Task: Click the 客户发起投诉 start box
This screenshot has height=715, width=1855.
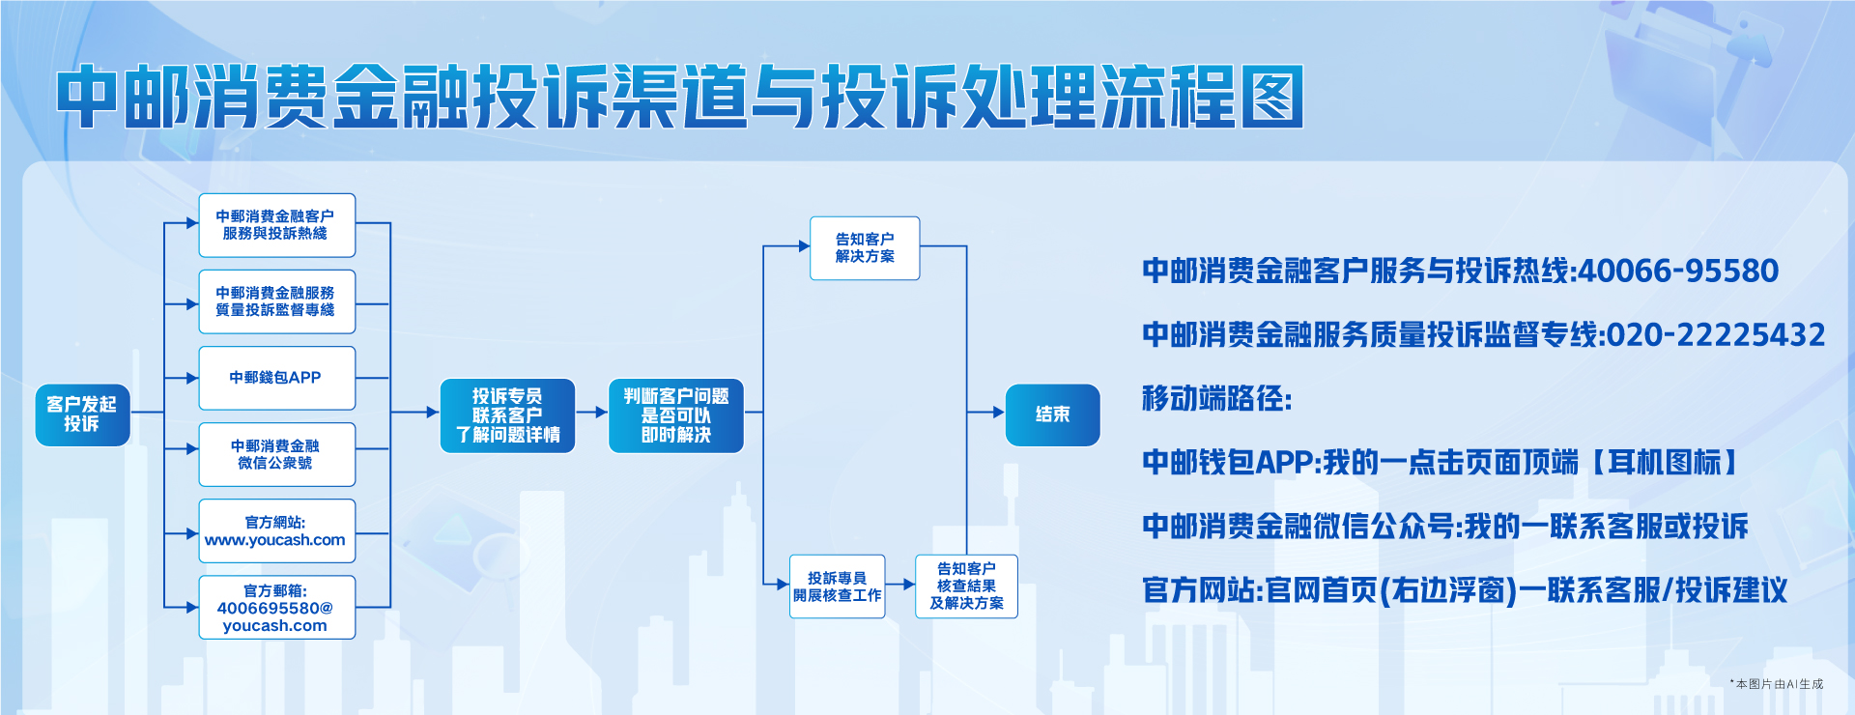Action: (x=82, y=415)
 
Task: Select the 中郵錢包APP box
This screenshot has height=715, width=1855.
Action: (x=276, y=378)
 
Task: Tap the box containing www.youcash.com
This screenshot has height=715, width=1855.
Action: (x=276, y=531)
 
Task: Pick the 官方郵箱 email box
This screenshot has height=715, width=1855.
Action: (x=276, y=608)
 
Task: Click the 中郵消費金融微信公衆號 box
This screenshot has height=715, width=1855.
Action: (x=276, y=454)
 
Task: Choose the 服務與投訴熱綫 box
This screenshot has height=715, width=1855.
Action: (x=276, y=225)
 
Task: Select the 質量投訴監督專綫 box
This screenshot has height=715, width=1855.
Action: (x=276, y=301)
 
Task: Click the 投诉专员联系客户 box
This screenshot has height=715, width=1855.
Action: (x=507, y=415)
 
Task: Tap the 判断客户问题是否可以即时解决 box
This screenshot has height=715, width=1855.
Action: (x=675, y=415)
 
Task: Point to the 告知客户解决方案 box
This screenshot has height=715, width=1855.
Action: (x=865, y=248)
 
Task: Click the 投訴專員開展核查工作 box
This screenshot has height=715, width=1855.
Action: (x=837, y=586)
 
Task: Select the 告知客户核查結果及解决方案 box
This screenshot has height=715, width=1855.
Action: (x=966, y=586)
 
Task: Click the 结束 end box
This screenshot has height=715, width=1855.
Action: (x=1052, y=415)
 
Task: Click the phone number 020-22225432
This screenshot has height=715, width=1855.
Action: (x=1716, y=334)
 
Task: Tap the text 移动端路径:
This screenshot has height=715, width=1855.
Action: (x=1216, y=398)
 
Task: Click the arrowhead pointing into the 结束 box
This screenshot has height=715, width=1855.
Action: (x=999, y=413)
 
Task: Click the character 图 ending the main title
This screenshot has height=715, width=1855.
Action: (x=1272, y=97)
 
